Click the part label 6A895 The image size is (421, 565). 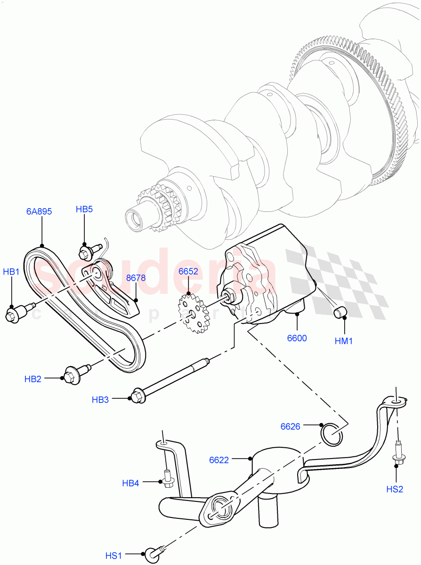tap(39, 211)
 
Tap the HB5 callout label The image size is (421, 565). tap(84, 209)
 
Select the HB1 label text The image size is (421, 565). tap(11, 272)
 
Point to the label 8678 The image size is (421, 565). tap(136, 278)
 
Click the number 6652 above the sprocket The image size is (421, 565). tap(188, 272)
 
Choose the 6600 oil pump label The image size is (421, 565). tap(297, 338)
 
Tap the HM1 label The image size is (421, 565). tap(344, 341)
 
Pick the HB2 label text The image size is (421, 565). tap(33, 379)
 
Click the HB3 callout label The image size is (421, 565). tap(100, 400)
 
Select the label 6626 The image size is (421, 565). tap(290, 427)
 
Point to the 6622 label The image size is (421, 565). tap(219, 460)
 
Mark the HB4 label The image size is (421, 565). tap(130, 483)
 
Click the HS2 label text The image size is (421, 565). tap(395, 489)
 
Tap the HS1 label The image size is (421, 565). tap(113, 556)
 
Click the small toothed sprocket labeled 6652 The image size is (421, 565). tap(193, 313)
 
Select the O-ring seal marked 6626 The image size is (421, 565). tap(332, 434)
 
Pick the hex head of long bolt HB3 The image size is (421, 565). tap(137, 396)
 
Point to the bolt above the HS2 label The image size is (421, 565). tap(397, 454)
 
